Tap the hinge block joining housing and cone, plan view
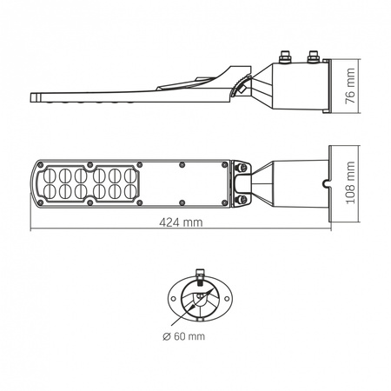click(244, 182)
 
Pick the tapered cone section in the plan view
click(287, 182)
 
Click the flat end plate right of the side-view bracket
click(325, 83)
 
